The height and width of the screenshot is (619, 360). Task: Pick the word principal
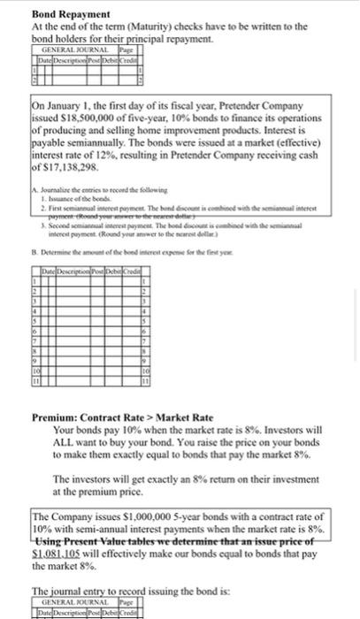(x=150, y=40)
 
